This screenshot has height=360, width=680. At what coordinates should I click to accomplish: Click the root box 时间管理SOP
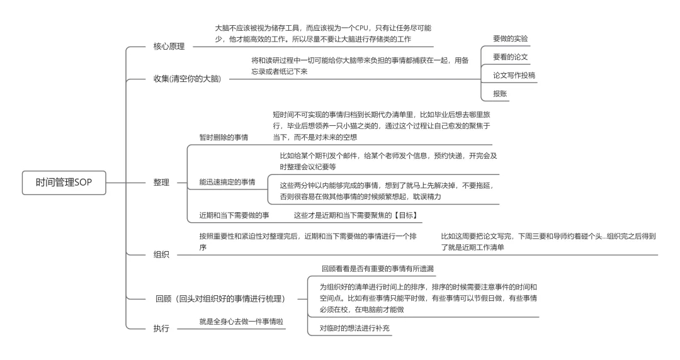[x=64, y=183]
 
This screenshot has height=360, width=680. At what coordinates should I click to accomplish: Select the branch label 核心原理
[x=169, y=47]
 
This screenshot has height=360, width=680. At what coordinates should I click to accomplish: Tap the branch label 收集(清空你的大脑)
[x=187, y=79]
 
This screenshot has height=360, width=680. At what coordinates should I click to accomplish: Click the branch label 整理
[x=161, y=183]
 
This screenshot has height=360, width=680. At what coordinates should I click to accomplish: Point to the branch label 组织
[x=161, y=255]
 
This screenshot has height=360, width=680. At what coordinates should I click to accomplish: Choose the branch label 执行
[x=161, y=329]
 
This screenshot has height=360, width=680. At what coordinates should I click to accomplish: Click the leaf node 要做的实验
[x=510, y=38]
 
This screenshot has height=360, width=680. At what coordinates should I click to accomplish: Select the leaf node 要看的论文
[x=510, y=57]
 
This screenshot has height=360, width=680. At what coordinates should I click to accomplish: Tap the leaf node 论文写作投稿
[x=514, y=75]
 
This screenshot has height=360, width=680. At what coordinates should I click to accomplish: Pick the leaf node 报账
[x=499, y=93]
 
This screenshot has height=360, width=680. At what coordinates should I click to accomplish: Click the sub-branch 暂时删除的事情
[x=224, y=137]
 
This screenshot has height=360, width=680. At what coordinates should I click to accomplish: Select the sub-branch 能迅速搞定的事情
[x=227, y=182]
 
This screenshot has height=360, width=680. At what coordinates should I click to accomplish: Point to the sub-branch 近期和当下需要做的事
[x=234, y=215]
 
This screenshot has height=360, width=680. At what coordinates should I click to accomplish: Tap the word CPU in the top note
[x=361, y=28]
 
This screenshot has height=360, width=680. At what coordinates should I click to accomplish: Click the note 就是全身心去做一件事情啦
[x=241, y=322]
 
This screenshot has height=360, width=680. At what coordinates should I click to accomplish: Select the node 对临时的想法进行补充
[x=354, y=329]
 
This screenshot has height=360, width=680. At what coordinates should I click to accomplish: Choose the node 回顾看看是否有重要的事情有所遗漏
[x=377, y=269]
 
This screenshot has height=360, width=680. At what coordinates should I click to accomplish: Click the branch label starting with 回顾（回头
[x=221, y=298]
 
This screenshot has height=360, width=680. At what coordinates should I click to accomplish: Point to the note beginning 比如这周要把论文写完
[x=548, y=242]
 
